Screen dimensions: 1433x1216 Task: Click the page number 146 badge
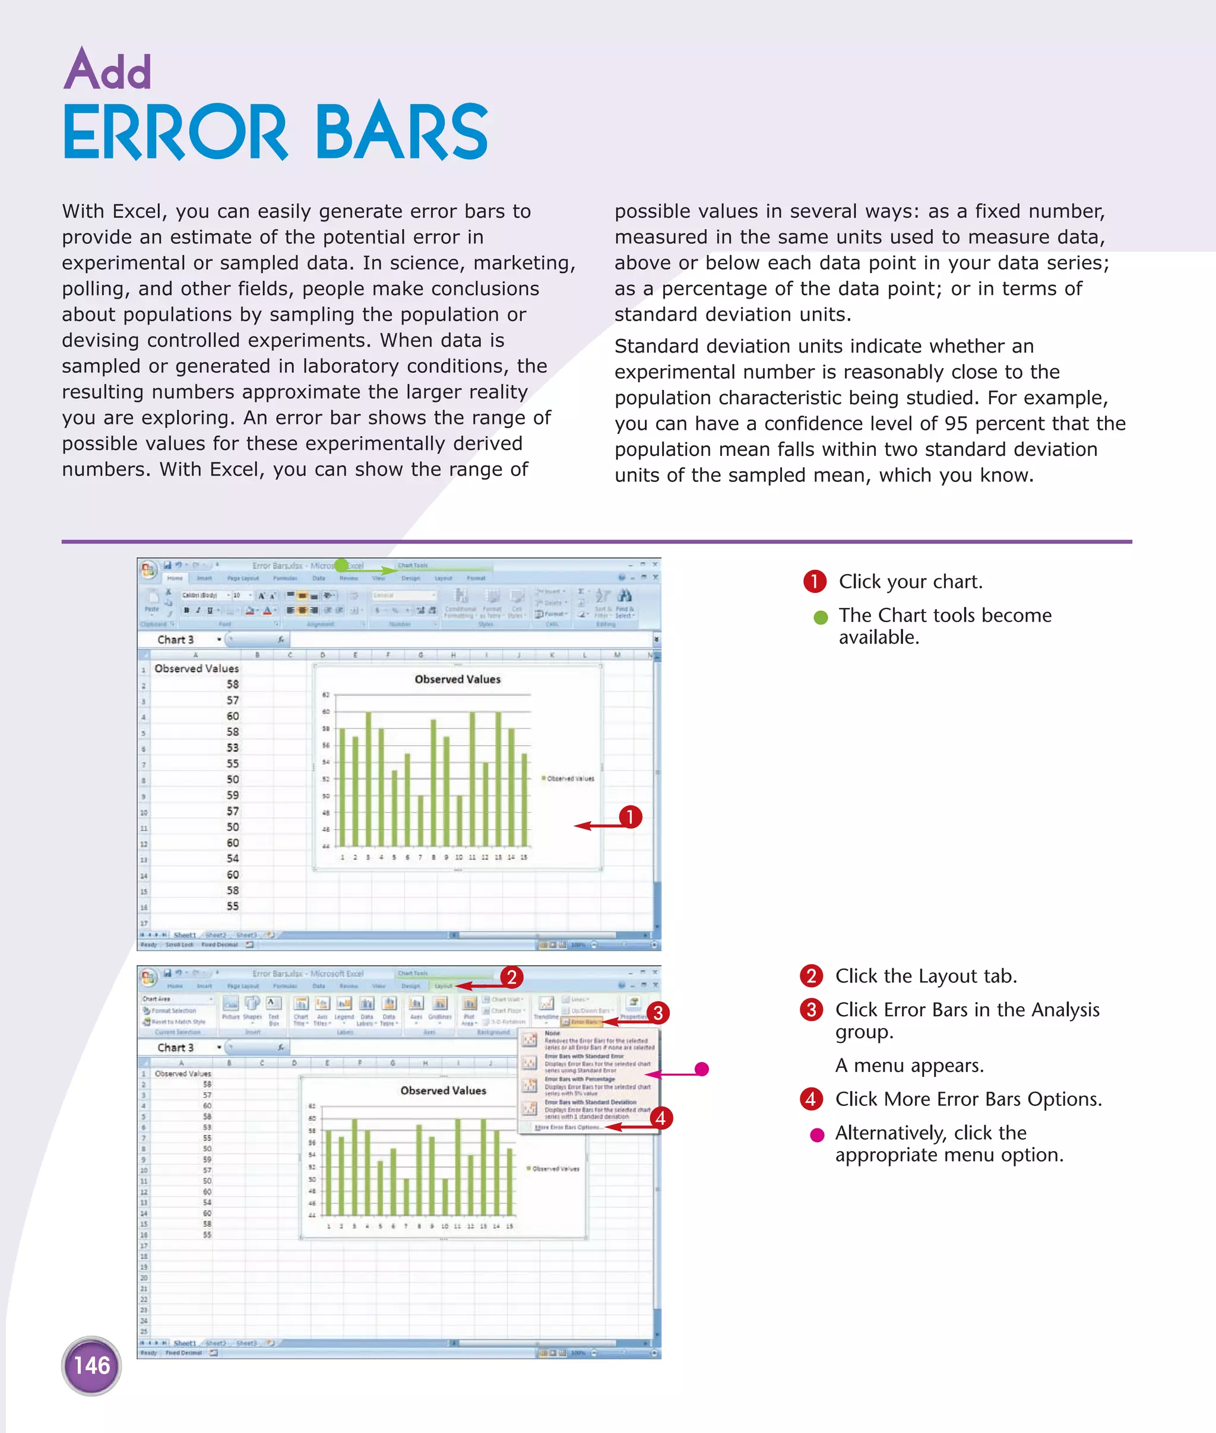pyautogui.click(x=91, y=1365)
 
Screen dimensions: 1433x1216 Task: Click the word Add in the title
pyautogui.click(x=107, y=69)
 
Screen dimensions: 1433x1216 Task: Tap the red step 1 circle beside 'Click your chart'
pyautogui.click(x=814, y=582)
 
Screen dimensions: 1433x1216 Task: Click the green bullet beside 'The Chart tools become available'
pyautogui.click(x=821, y=617)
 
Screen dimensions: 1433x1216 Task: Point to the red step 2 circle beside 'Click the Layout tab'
pyautogui.click(x=810, y=976)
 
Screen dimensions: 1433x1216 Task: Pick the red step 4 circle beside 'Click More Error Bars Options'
pyautogui.click(x=810, y=1099)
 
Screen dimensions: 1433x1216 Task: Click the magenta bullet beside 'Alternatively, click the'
pyautogui.click(x=817, y=1135)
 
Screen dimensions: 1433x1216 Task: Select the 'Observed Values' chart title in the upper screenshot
pyautogui.click(x=457, y=680)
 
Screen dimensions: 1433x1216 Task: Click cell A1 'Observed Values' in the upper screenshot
pyautogui.click(x=197, y=668)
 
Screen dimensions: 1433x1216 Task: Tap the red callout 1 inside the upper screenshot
pyautogui.click(x=629, y=817)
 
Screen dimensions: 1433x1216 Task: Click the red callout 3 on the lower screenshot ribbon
pyautogui.click(x=658, y=1013)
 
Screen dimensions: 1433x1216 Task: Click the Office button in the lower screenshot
pyautogui.click(x=148, y=977)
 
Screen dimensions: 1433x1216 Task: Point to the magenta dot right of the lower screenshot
pyautogui.click(x=702, y=1069)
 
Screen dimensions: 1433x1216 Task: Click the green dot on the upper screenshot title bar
pyautogui.click(x=341, y=565)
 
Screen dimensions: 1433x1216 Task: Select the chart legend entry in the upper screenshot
pyautogui.click(x=568, y=779)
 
